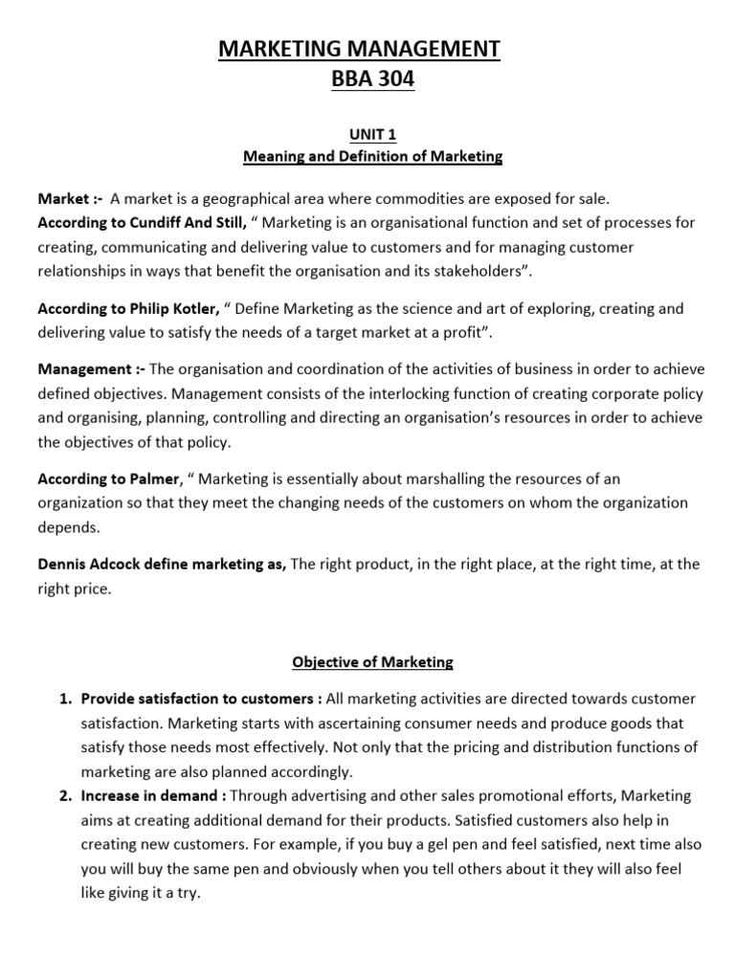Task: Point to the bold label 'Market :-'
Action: coord(70,198)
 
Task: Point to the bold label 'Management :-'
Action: coord(91,368)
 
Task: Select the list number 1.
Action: coord(64,699)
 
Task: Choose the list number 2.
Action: coord(64,796)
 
